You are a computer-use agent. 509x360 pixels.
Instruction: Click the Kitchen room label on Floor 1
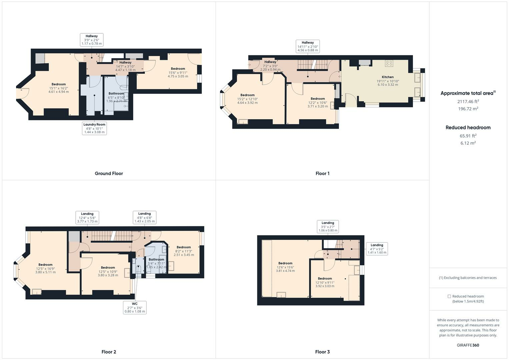click(387, 77)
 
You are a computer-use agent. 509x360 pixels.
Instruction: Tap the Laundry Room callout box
click(94, 128)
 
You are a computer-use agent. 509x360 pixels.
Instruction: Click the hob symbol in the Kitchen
click(389, 63)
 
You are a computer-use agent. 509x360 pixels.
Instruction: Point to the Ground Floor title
click(109, 173)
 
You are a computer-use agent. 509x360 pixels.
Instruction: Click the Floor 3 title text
click(322, 352)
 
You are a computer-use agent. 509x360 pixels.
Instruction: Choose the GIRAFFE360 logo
click(468, 345)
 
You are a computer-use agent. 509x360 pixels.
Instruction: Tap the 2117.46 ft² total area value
click(468, 101)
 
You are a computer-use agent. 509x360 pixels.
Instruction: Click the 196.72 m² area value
click(468, 109)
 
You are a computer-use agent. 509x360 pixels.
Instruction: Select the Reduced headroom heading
click(468, 127)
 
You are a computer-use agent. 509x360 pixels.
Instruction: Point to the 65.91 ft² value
click(468, 136)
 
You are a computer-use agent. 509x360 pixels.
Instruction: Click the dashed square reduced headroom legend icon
click(449, 296)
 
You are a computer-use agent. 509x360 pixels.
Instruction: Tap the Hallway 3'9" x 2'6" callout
click(92, 40)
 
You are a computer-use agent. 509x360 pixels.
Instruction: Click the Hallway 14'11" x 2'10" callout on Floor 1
click(308, 46)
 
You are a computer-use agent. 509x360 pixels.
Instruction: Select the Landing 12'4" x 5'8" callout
click(87, 217)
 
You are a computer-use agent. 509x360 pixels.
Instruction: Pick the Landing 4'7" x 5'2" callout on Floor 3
click(377, 249)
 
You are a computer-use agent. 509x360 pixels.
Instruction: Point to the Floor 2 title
click(109, 352)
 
